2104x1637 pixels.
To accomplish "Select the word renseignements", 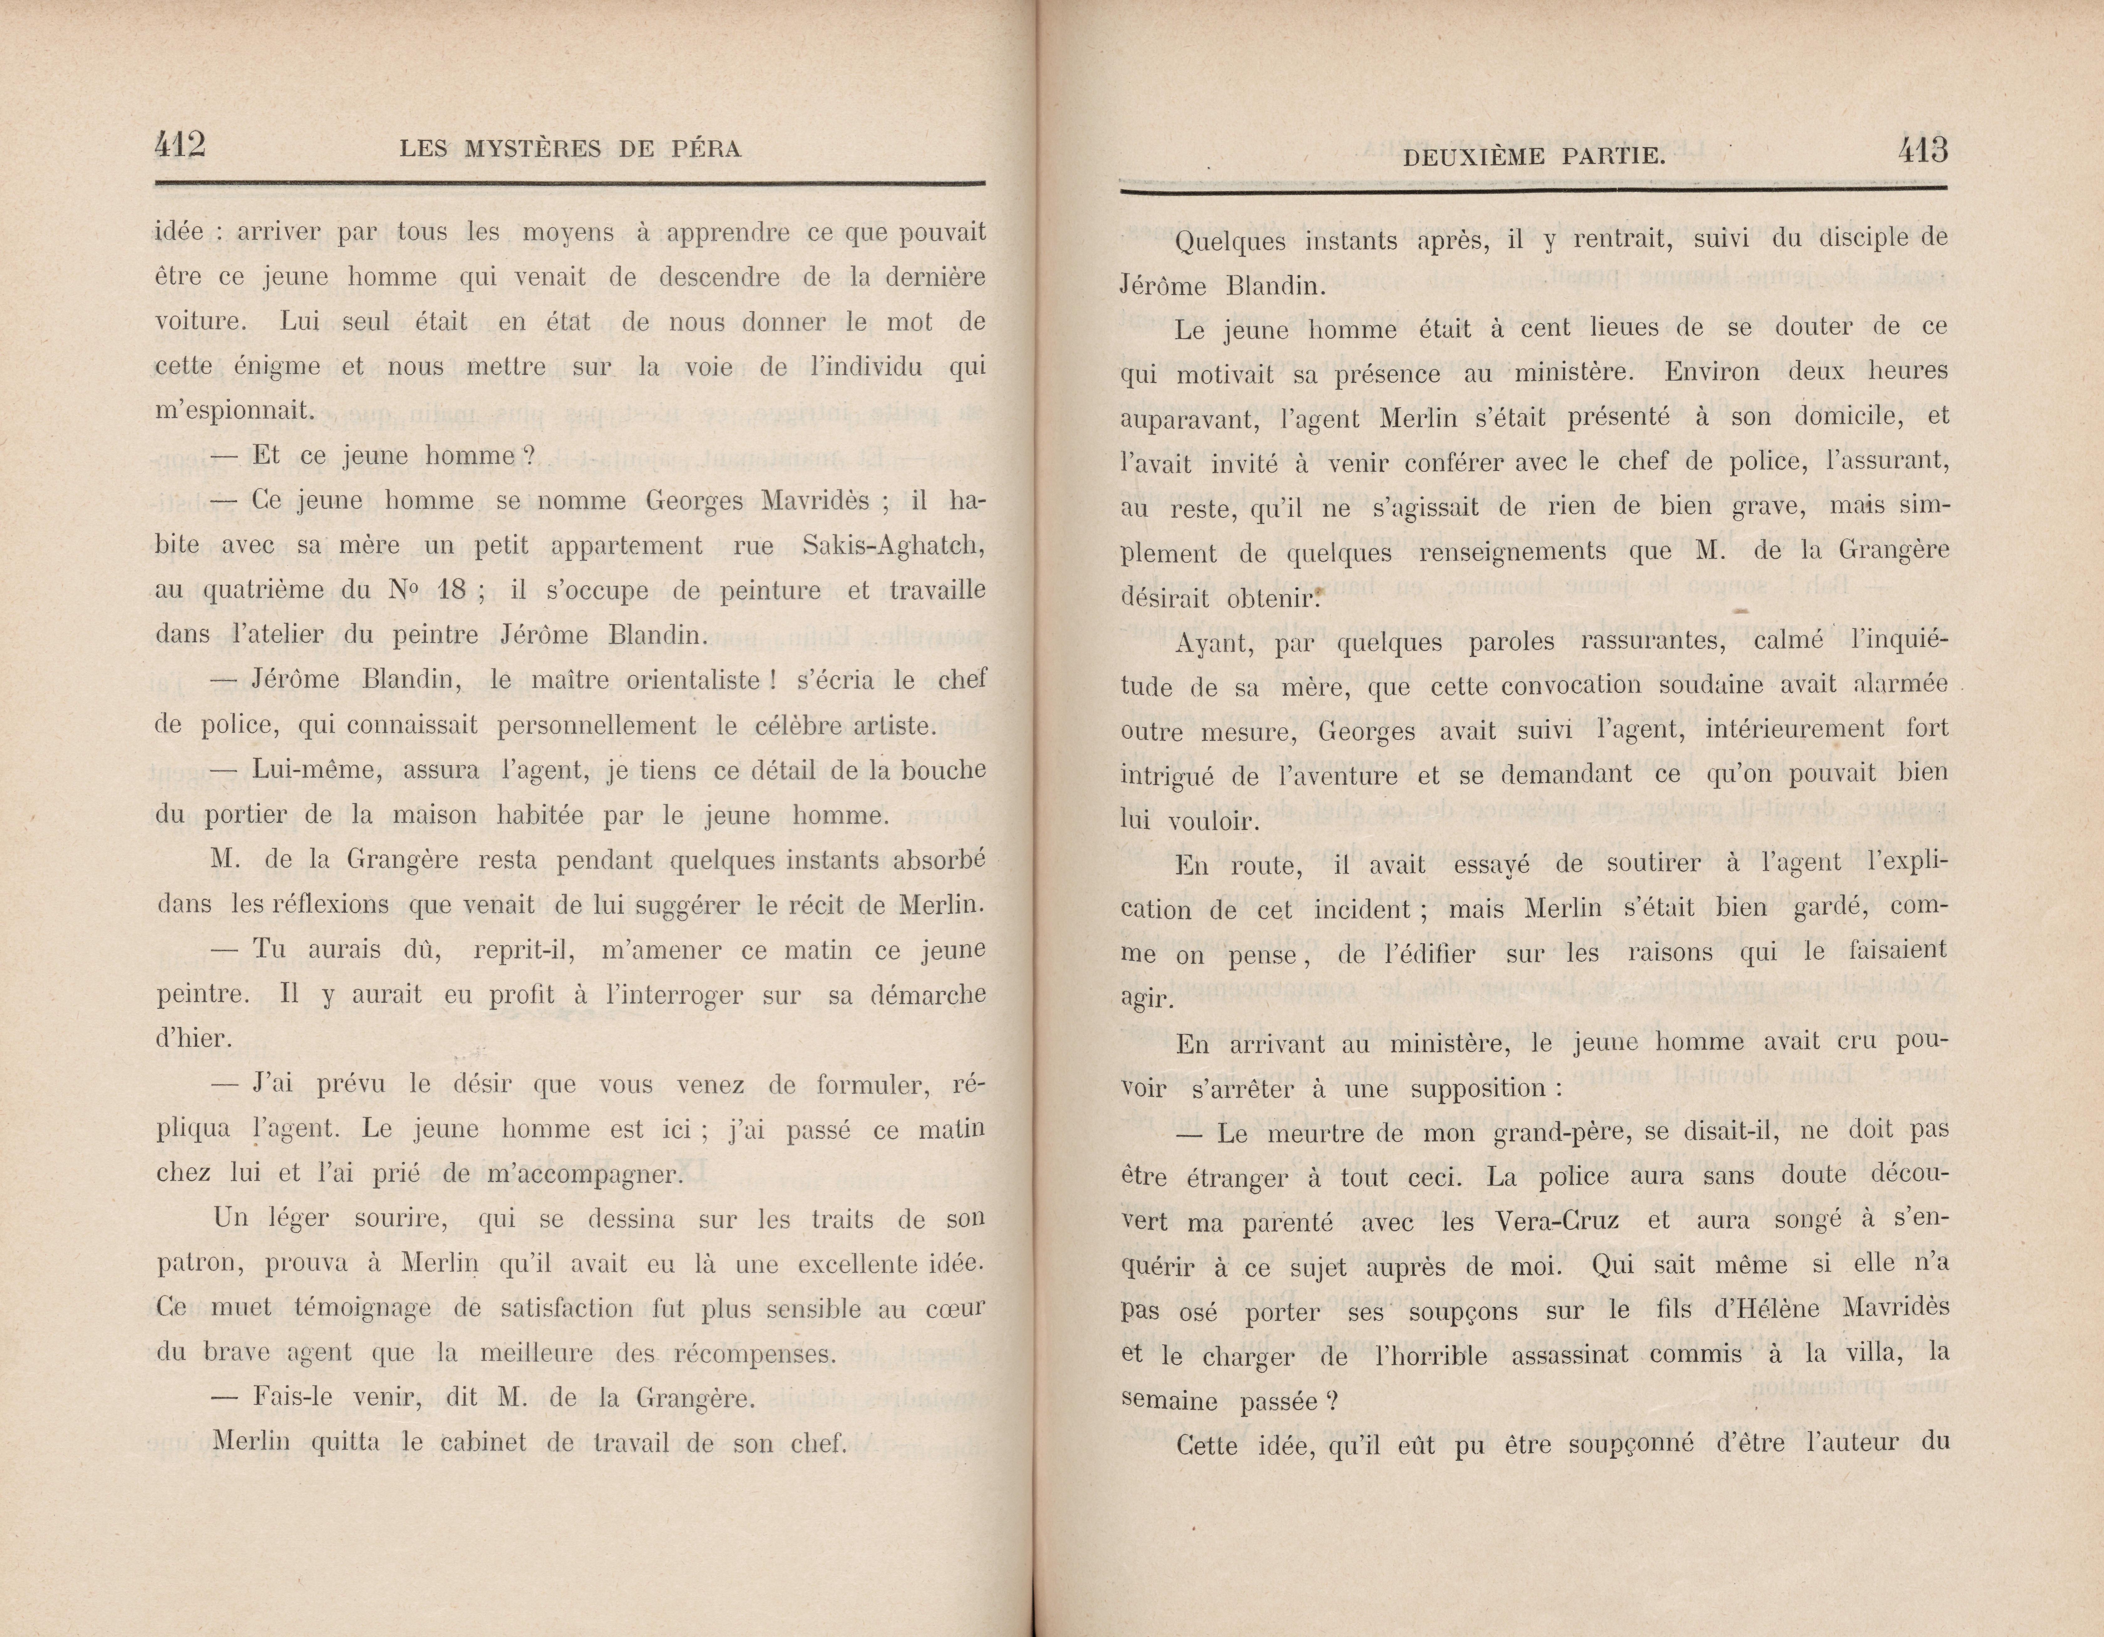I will click(x=1517, y=552).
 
